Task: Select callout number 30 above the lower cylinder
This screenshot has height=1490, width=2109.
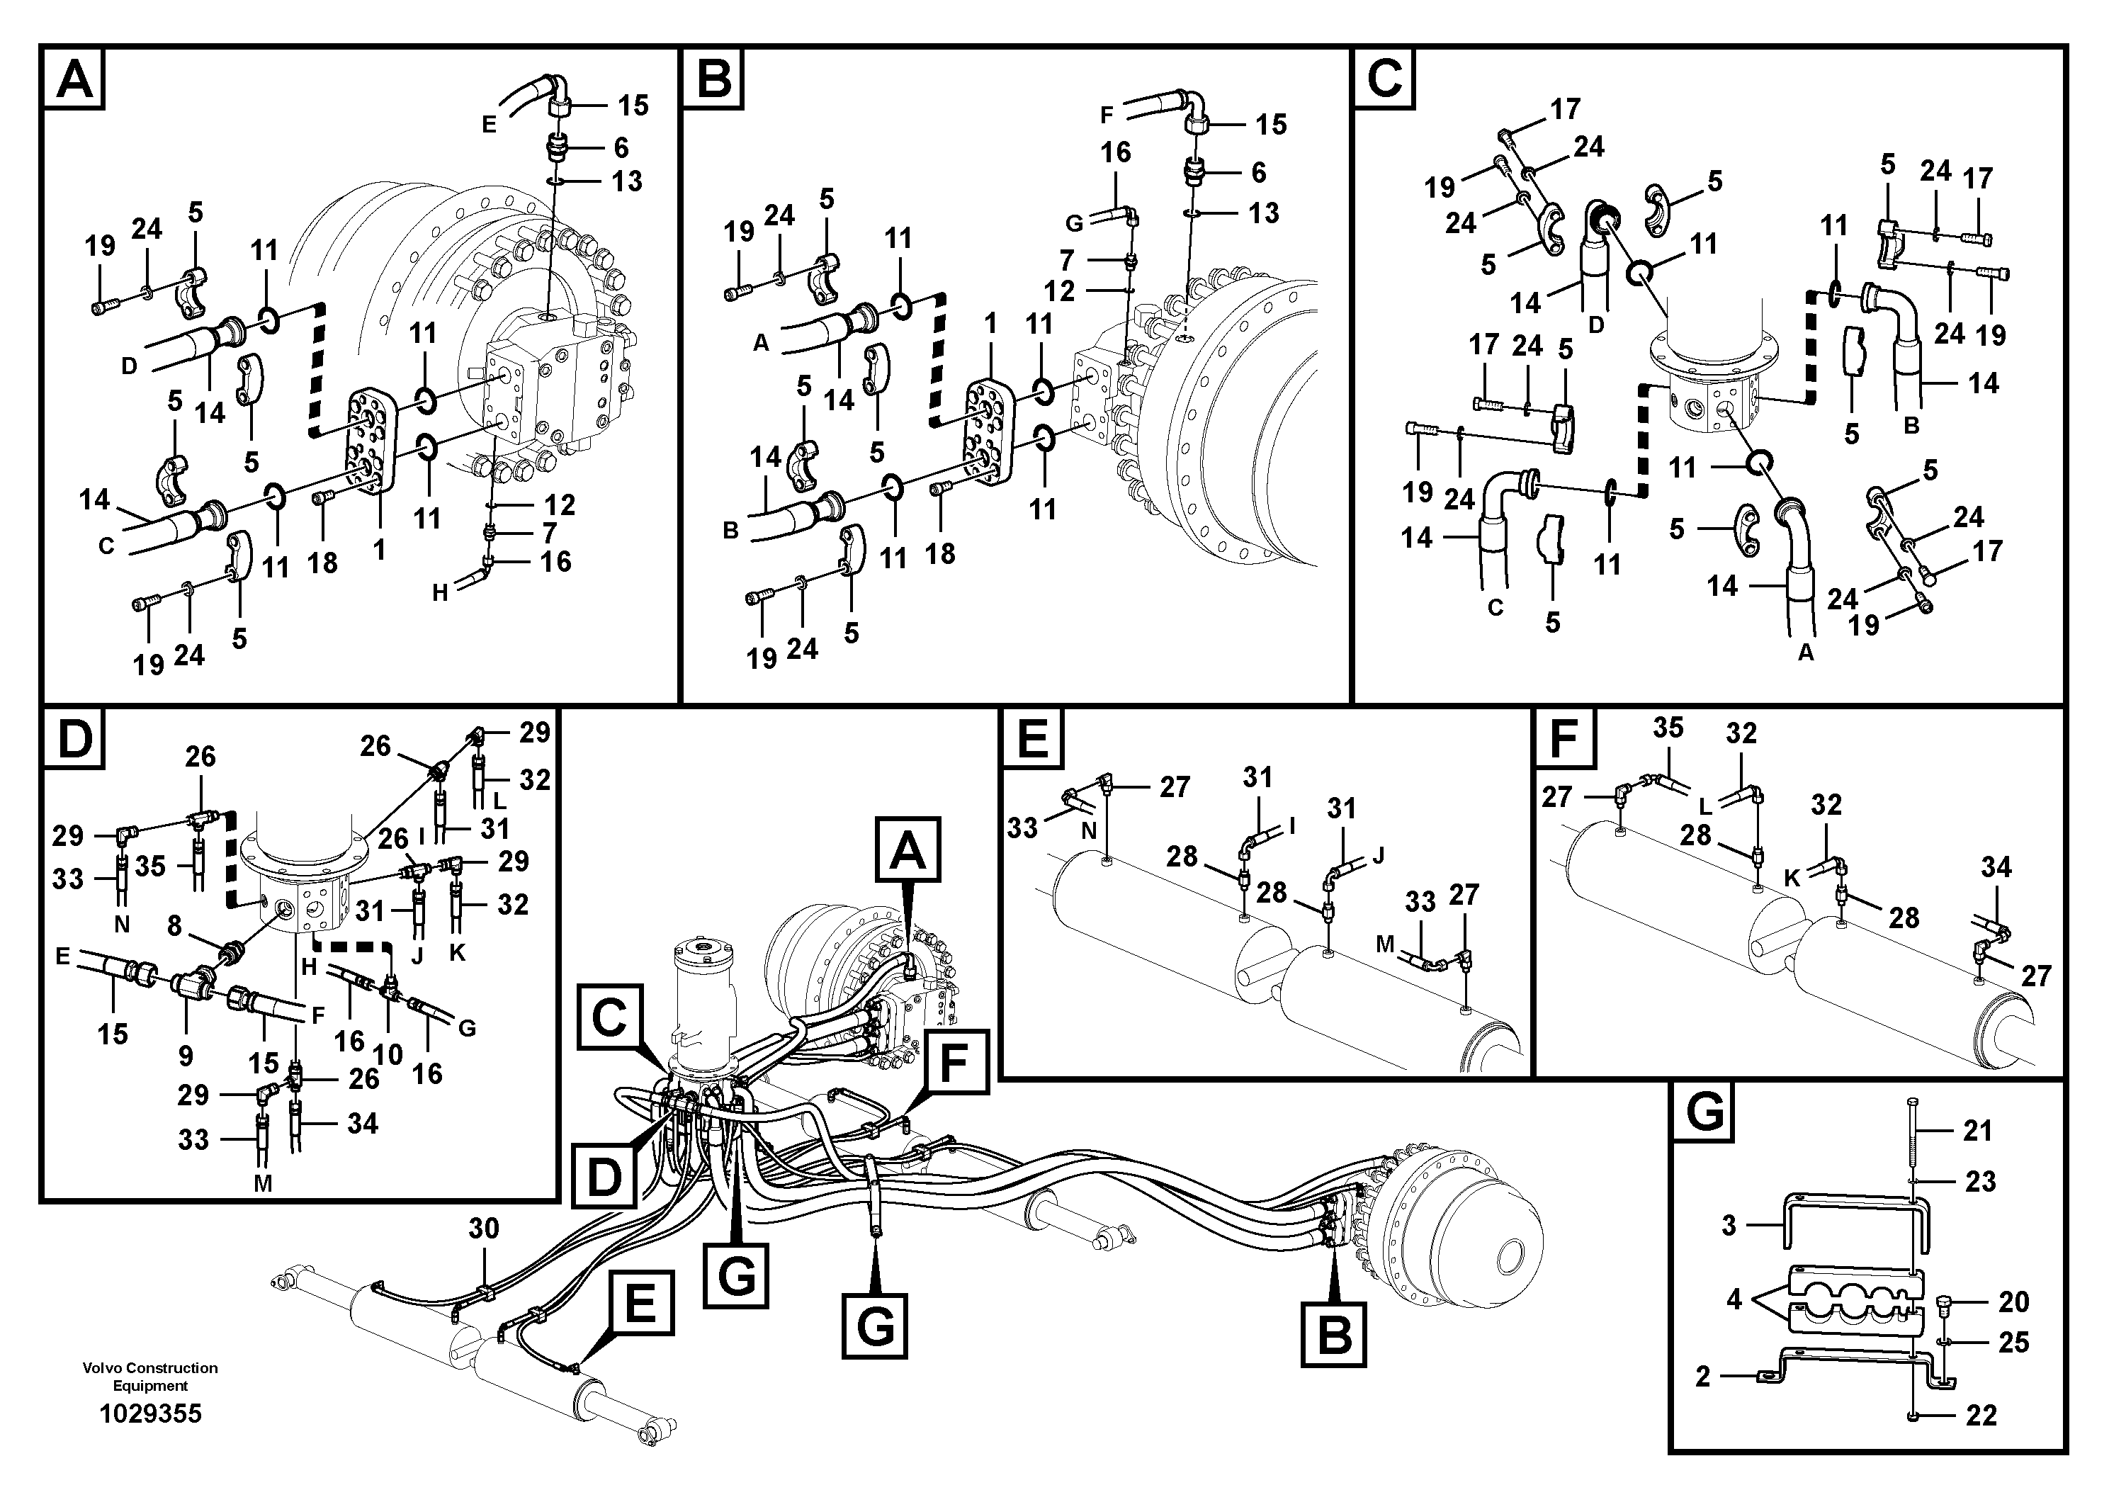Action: [x=483, y=1228]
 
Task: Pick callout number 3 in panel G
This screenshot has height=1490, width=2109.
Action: [x=1729, y=1226]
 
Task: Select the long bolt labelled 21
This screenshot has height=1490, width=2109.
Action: [x=1913, y=1148]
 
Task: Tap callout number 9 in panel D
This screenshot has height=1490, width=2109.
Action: [x=186, y=1056]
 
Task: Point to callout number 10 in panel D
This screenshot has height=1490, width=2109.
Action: [x=388, y=1054]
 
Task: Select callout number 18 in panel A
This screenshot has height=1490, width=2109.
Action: [x=322, y=563]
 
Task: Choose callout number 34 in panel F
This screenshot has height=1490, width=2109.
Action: [x=1995, y=867]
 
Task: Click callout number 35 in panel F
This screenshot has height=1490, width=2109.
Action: [x=1668, y=728]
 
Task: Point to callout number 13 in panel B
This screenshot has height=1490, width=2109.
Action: [x=1264, y=213]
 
